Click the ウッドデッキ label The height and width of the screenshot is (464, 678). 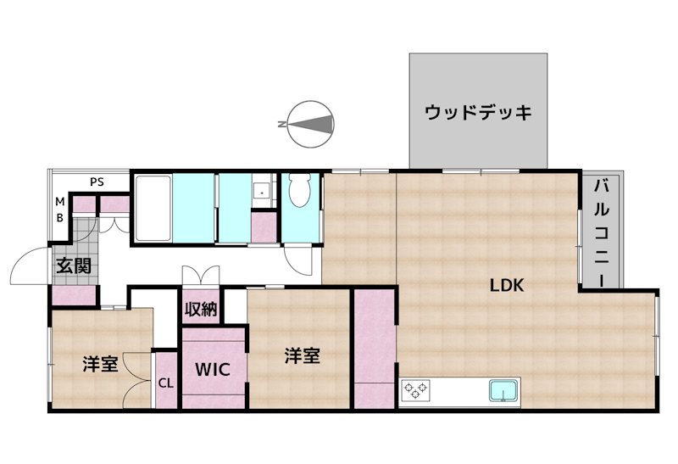pos(479,112)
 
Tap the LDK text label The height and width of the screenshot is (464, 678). pos(508,285)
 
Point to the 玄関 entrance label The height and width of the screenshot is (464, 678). pos(74,266)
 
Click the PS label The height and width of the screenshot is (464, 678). pos(98,182)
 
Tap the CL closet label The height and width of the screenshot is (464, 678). pos(166,382)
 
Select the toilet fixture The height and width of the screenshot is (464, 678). pos(299,192)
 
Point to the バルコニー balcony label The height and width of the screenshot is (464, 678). pos(601,232)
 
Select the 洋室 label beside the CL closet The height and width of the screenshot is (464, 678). pos(100,365)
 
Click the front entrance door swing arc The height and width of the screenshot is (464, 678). pos(25,267)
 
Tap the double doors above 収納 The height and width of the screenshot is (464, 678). pos(201,276)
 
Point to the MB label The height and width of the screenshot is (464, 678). pos(59,208)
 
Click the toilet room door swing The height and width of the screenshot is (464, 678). pos(298,259)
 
